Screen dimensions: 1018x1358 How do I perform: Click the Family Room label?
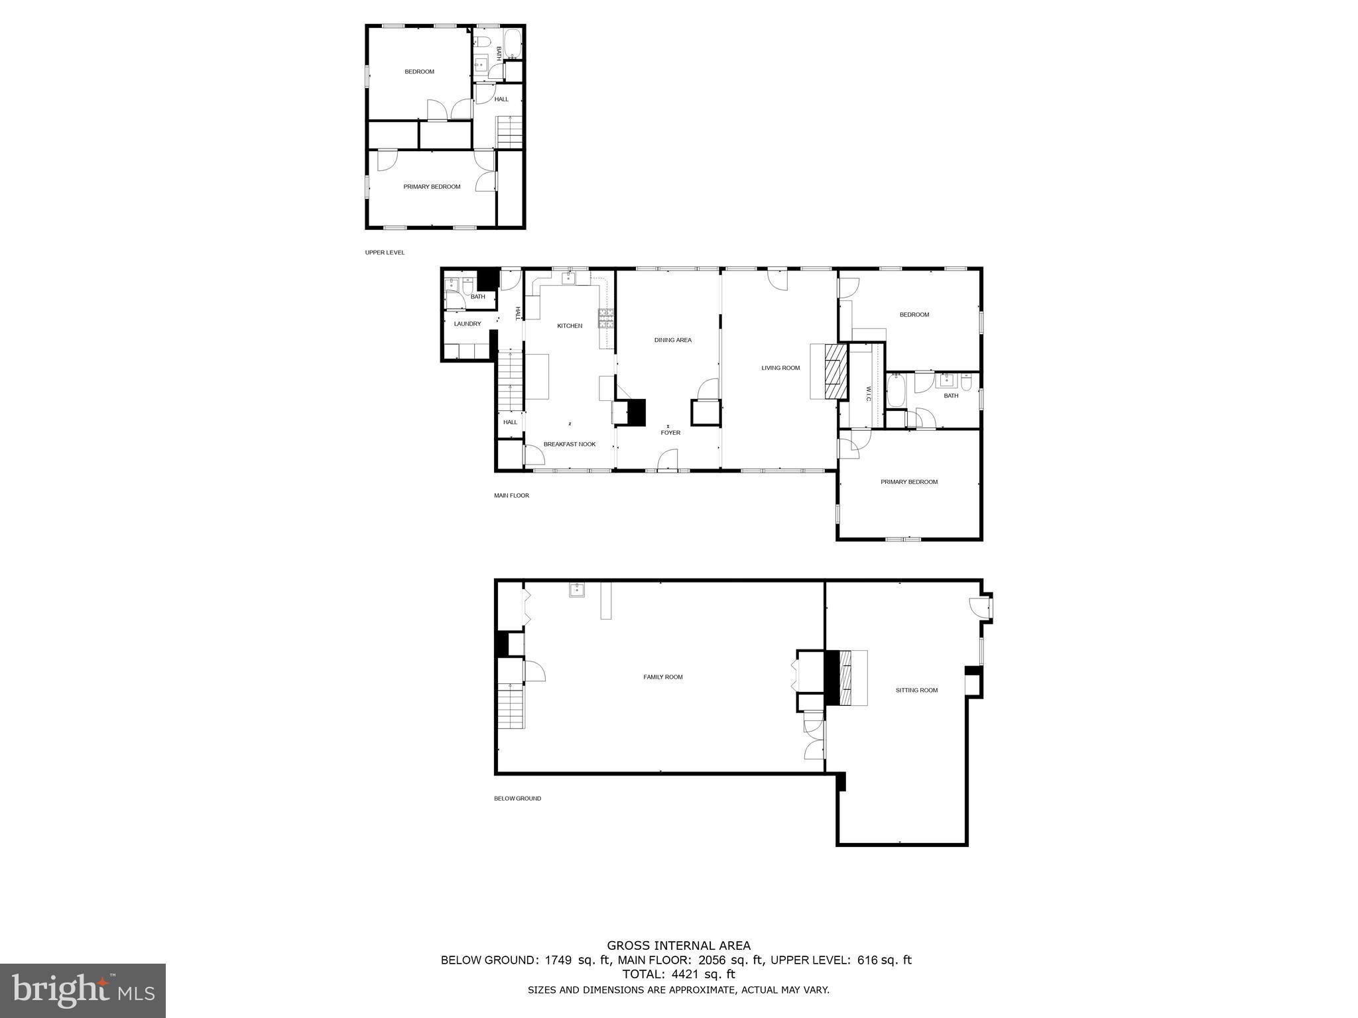click(x=662, y=677)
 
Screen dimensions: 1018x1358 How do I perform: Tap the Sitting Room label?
click(x=916, y=690)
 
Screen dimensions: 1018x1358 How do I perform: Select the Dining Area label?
click(x=672, y=340)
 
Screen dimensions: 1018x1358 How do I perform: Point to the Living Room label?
click(x=780, y=368)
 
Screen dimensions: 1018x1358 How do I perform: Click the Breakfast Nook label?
click(x=569, y=444)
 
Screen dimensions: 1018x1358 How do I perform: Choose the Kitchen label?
click(x=569, y=325)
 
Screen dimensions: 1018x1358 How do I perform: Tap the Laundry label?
click(x=467, y=323)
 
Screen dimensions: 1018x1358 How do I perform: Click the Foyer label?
click(x=670, y=433)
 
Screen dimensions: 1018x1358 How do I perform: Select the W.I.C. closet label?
click(x=867, y=394)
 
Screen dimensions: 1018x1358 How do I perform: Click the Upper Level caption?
click(x=385, y=253)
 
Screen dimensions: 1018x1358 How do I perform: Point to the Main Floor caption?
click(x=511, y=495)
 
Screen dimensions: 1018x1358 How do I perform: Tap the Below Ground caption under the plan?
click(x=517, y=799)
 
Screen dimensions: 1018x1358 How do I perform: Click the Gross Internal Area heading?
click(x=678, y=946)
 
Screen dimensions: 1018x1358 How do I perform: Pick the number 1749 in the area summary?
click(x=558, y=960)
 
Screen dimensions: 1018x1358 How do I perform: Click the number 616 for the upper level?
click(x=868, y=960)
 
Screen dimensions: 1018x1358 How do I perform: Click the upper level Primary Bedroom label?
click(x=432, y=187)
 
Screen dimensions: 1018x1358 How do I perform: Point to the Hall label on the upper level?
click(x=501, y=99)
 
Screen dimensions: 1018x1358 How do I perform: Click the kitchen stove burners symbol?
click(x=606, y=319)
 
